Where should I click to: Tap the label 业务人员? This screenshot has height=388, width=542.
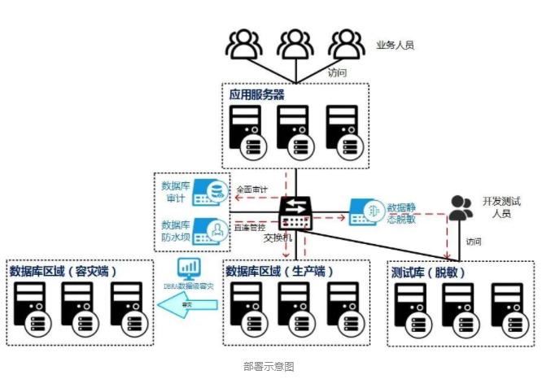(395, 46)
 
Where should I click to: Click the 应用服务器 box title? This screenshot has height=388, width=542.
(256, 94)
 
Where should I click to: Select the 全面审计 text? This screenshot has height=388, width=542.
(251, 190)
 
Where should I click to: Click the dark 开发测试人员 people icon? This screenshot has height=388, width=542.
(460, 208)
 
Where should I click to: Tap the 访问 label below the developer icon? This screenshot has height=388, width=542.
(473, 242)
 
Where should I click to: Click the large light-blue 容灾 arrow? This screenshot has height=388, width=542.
(188, 304)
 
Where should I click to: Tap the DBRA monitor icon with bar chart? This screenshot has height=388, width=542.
(189, 269)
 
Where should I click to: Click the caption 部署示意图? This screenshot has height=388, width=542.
(269, 366)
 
